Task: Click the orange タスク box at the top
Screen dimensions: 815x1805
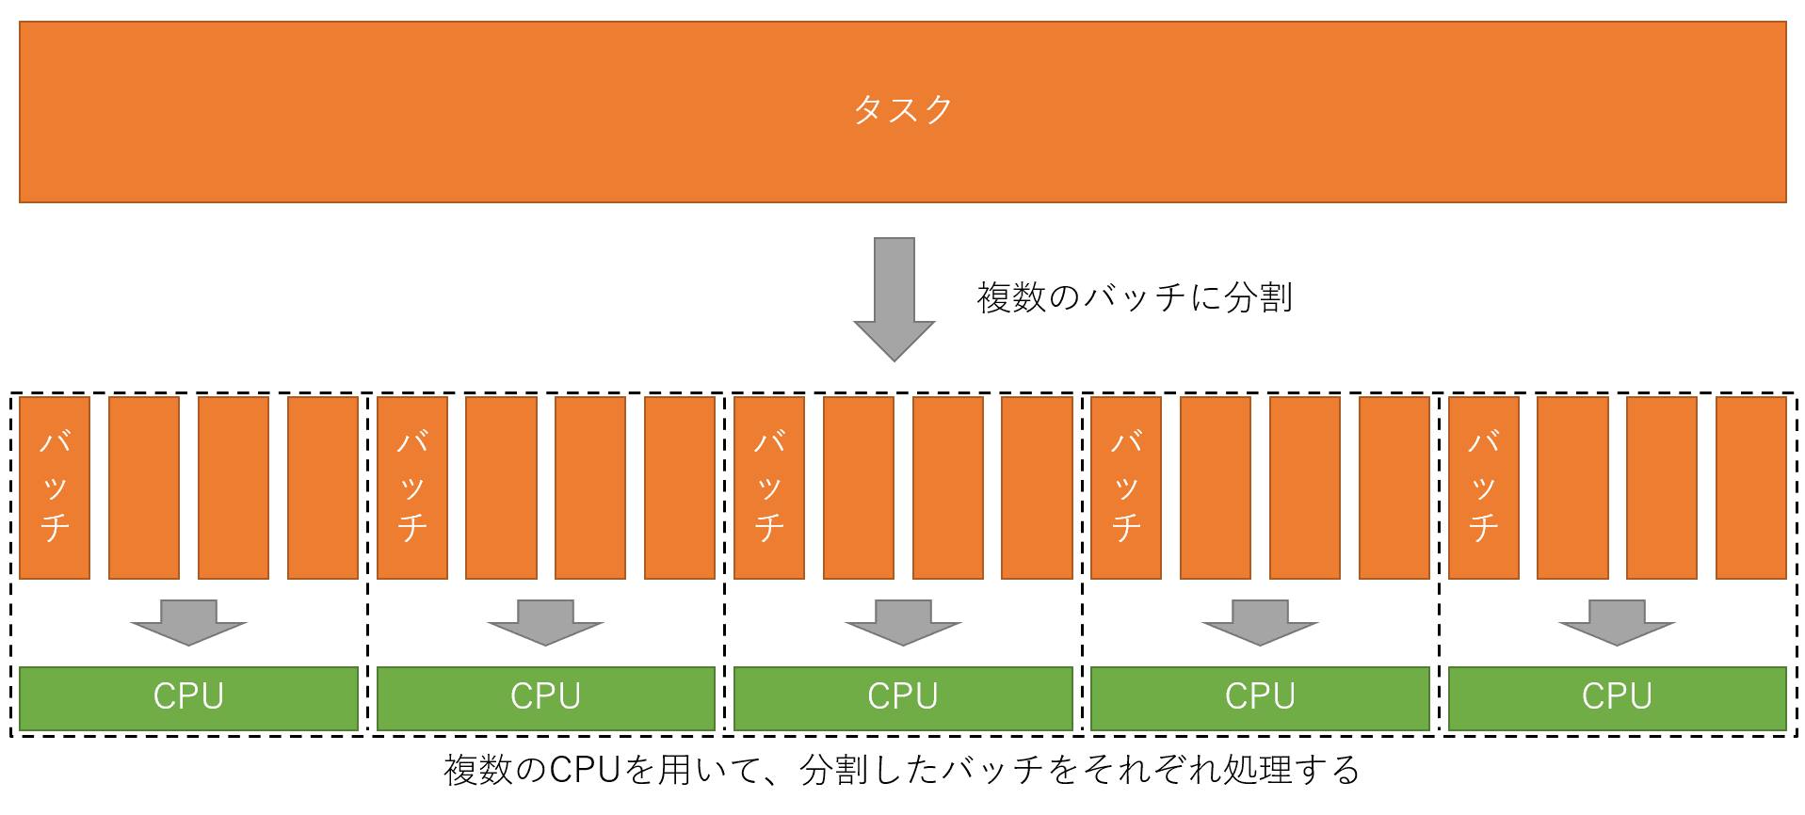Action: click(902, 111)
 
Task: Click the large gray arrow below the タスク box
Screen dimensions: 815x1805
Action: click(894, 299)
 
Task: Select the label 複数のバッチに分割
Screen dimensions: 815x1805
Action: click(1135, 297)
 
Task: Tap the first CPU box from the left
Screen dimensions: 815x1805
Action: click(188, 697)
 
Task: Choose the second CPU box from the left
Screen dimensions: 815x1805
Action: click(546, 697)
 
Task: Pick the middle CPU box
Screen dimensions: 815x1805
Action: click(903, 697)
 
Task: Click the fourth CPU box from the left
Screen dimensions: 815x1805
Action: click(1260, 697)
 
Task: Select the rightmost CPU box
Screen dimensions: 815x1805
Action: click(1617, 697)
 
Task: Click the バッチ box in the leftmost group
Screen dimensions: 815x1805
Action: click(55, 487)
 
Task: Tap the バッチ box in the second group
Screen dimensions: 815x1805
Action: click(412, 487)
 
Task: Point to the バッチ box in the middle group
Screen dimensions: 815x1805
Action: click(769, 487)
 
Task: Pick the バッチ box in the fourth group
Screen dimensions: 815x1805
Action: click(1126, 487)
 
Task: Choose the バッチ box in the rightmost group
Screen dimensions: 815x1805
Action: click(1484, 487)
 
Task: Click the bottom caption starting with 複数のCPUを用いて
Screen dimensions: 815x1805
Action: click(902, 770)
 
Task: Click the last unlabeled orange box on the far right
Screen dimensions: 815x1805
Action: click(1751, 487)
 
